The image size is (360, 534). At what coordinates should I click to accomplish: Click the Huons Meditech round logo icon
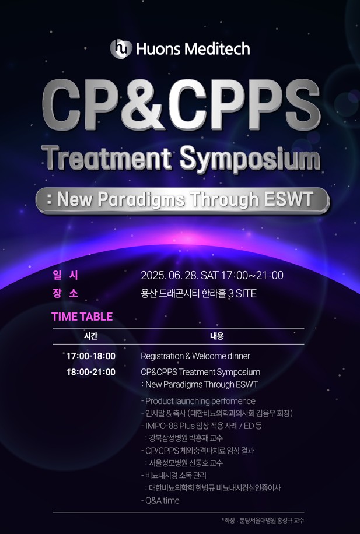click(121, 48)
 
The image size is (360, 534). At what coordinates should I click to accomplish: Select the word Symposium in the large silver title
click(250, 159)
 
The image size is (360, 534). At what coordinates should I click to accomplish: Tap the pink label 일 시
click(65, 275)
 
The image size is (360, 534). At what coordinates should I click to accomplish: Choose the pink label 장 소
click(65, 293)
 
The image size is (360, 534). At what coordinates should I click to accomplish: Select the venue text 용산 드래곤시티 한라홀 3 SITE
click(198, 294)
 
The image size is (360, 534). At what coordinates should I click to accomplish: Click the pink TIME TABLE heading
click(82, 317)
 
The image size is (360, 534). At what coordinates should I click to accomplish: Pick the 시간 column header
click(90, 336)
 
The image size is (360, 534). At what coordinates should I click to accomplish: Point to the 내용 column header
click(216, 336)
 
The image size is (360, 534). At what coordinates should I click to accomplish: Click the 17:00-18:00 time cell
click(91, 356)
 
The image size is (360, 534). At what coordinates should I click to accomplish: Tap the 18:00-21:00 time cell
click(91, 372)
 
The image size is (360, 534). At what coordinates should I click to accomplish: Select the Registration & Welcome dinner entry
click(195, 356)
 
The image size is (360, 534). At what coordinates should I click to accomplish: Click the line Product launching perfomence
click(198, 401)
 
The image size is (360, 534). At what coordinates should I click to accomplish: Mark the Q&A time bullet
click(160, 500)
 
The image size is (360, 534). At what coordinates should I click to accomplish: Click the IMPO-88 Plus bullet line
click(201, 426)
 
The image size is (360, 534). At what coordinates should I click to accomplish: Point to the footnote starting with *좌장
click(263, 521)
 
